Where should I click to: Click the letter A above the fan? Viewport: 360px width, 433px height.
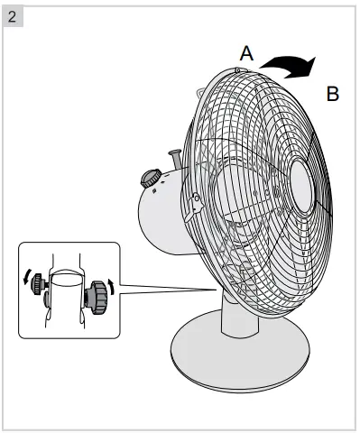coord(245,52)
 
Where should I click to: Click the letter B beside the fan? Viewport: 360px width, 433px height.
coord(332,94)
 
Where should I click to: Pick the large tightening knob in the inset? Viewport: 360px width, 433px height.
coord(96,295)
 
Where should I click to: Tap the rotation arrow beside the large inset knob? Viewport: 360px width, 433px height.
coord(111,287)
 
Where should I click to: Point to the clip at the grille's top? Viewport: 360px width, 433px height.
coord(240,69)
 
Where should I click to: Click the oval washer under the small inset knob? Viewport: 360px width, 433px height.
coord(43,301)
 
